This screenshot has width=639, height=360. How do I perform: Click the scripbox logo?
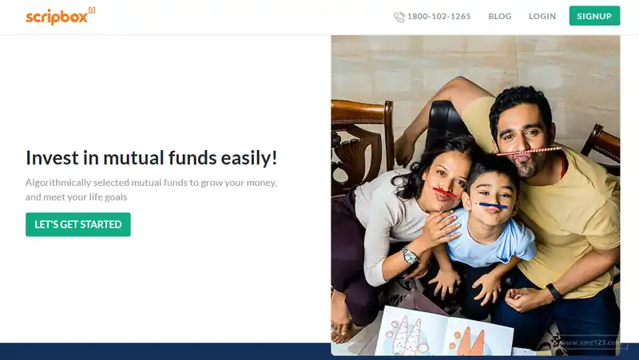pos(61,16)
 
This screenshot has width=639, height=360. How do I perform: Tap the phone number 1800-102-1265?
pos(439,16)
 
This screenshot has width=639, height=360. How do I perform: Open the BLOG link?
pos(500,16)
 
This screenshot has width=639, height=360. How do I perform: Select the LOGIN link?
pos(542,16)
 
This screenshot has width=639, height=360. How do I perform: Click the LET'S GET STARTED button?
pos(78,224)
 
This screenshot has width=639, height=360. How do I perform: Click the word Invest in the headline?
pos(52,157)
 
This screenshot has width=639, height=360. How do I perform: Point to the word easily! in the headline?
pos(249,158)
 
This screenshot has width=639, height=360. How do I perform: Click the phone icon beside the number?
pos(399,17)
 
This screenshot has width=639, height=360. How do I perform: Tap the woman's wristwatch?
pos(410,255)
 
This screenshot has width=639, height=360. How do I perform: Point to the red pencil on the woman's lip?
pos(445,192)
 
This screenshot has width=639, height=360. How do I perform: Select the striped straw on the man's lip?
pos(529,152)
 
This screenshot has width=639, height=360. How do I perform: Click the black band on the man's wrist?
pos(554,291)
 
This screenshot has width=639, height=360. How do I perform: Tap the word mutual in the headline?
pos(133,157)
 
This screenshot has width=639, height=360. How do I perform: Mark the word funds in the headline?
pos(192,157)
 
